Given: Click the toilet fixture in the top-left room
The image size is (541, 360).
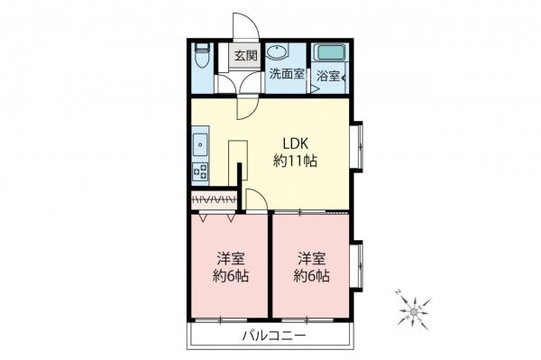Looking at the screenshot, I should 203,58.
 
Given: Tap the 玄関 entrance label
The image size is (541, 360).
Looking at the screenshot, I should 244,56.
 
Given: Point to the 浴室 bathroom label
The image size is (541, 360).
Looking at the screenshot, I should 327,77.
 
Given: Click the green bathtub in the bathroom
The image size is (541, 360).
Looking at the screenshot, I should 330,52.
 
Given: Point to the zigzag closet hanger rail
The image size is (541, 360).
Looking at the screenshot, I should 213,198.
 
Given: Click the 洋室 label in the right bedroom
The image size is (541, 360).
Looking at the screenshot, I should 312,256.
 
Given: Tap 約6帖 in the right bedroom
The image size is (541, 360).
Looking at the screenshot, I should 312,275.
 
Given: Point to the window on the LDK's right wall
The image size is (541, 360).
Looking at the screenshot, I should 357,144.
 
